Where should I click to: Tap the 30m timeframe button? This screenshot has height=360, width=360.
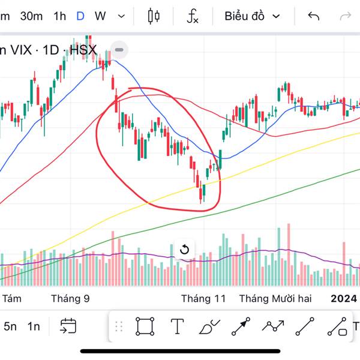click(31, 16)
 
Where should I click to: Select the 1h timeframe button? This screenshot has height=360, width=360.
click(59, 16)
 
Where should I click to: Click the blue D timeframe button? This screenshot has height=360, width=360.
click(80, 16)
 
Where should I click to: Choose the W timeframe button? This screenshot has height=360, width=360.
click(100, 16)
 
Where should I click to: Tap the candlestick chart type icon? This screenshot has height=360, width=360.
click(154, 16)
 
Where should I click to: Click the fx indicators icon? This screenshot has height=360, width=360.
click(192, 16)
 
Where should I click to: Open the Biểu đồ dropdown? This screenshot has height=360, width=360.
click(252, 16)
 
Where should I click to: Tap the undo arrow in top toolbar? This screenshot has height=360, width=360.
click(313, 16)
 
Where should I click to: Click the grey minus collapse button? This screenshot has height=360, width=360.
click(119, 50)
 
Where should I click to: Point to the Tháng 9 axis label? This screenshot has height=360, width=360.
click(70, 298)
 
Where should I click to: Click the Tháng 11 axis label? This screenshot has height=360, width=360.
click(203, 298)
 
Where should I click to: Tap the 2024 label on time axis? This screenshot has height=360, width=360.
click(344, 298)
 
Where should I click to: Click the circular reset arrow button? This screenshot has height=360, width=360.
click(185, 250)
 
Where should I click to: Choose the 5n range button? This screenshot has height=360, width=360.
click(10, 326)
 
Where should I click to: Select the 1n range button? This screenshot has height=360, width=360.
click(34, 326)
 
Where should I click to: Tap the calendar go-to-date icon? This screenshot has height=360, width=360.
click(67, 326)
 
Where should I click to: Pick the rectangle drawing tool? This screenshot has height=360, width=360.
click(145, 326)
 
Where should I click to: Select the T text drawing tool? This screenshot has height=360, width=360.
click(177, 326)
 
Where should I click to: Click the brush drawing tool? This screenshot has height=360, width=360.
click(209, 326)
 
